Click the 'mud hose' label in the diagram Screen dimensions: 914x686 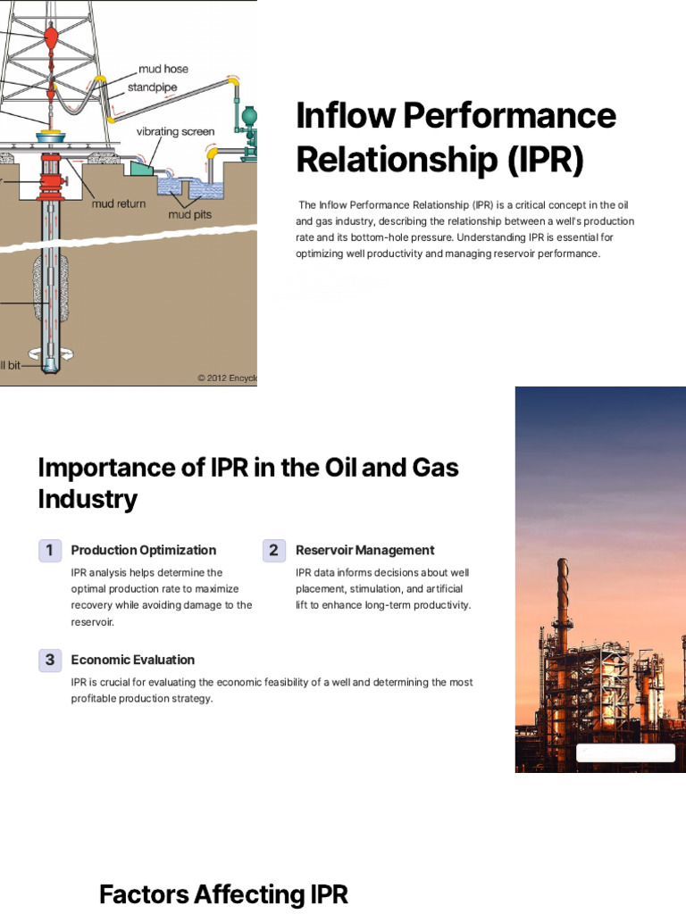[163, 69]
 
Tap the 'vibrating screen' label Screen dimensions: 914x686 [175, 131]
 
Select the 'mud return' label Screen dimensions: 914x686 [118, 204]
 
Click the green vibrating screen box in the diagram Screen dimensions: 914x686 [141, 168]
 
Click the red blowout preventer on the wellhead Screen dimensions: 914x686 [49, 182]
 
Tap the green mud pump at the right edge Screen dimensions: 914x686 [249, 125]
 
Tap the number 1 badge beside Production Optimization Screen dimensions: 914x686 [50, 551]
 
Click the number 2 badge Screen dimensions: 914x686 [274, 551]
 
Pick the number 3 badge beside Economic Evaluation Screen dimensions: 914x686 [50, 661]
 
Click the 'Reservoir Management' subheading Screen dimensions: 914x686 [364, 551]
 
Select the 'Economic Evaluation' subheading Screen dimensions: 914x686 [132, 661]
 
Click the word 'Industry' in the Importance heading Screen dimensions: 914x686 [88, 499]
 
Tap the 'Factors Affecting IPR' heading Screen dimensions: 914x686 [223, 894]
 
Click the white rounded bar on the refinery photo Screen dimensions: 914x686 [625, 752]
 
